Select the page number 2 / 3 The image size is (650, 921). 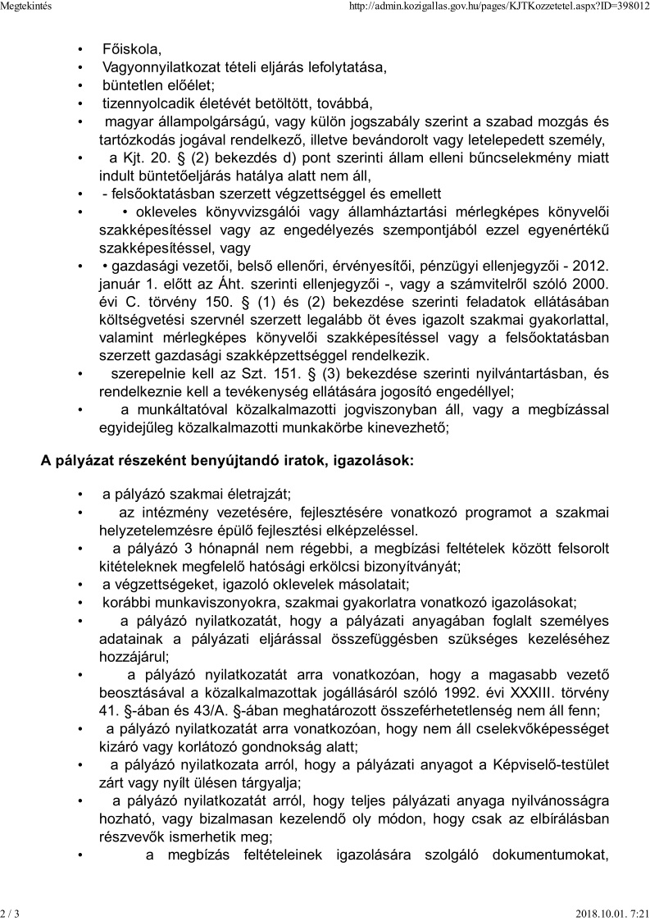coord(11,913)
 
